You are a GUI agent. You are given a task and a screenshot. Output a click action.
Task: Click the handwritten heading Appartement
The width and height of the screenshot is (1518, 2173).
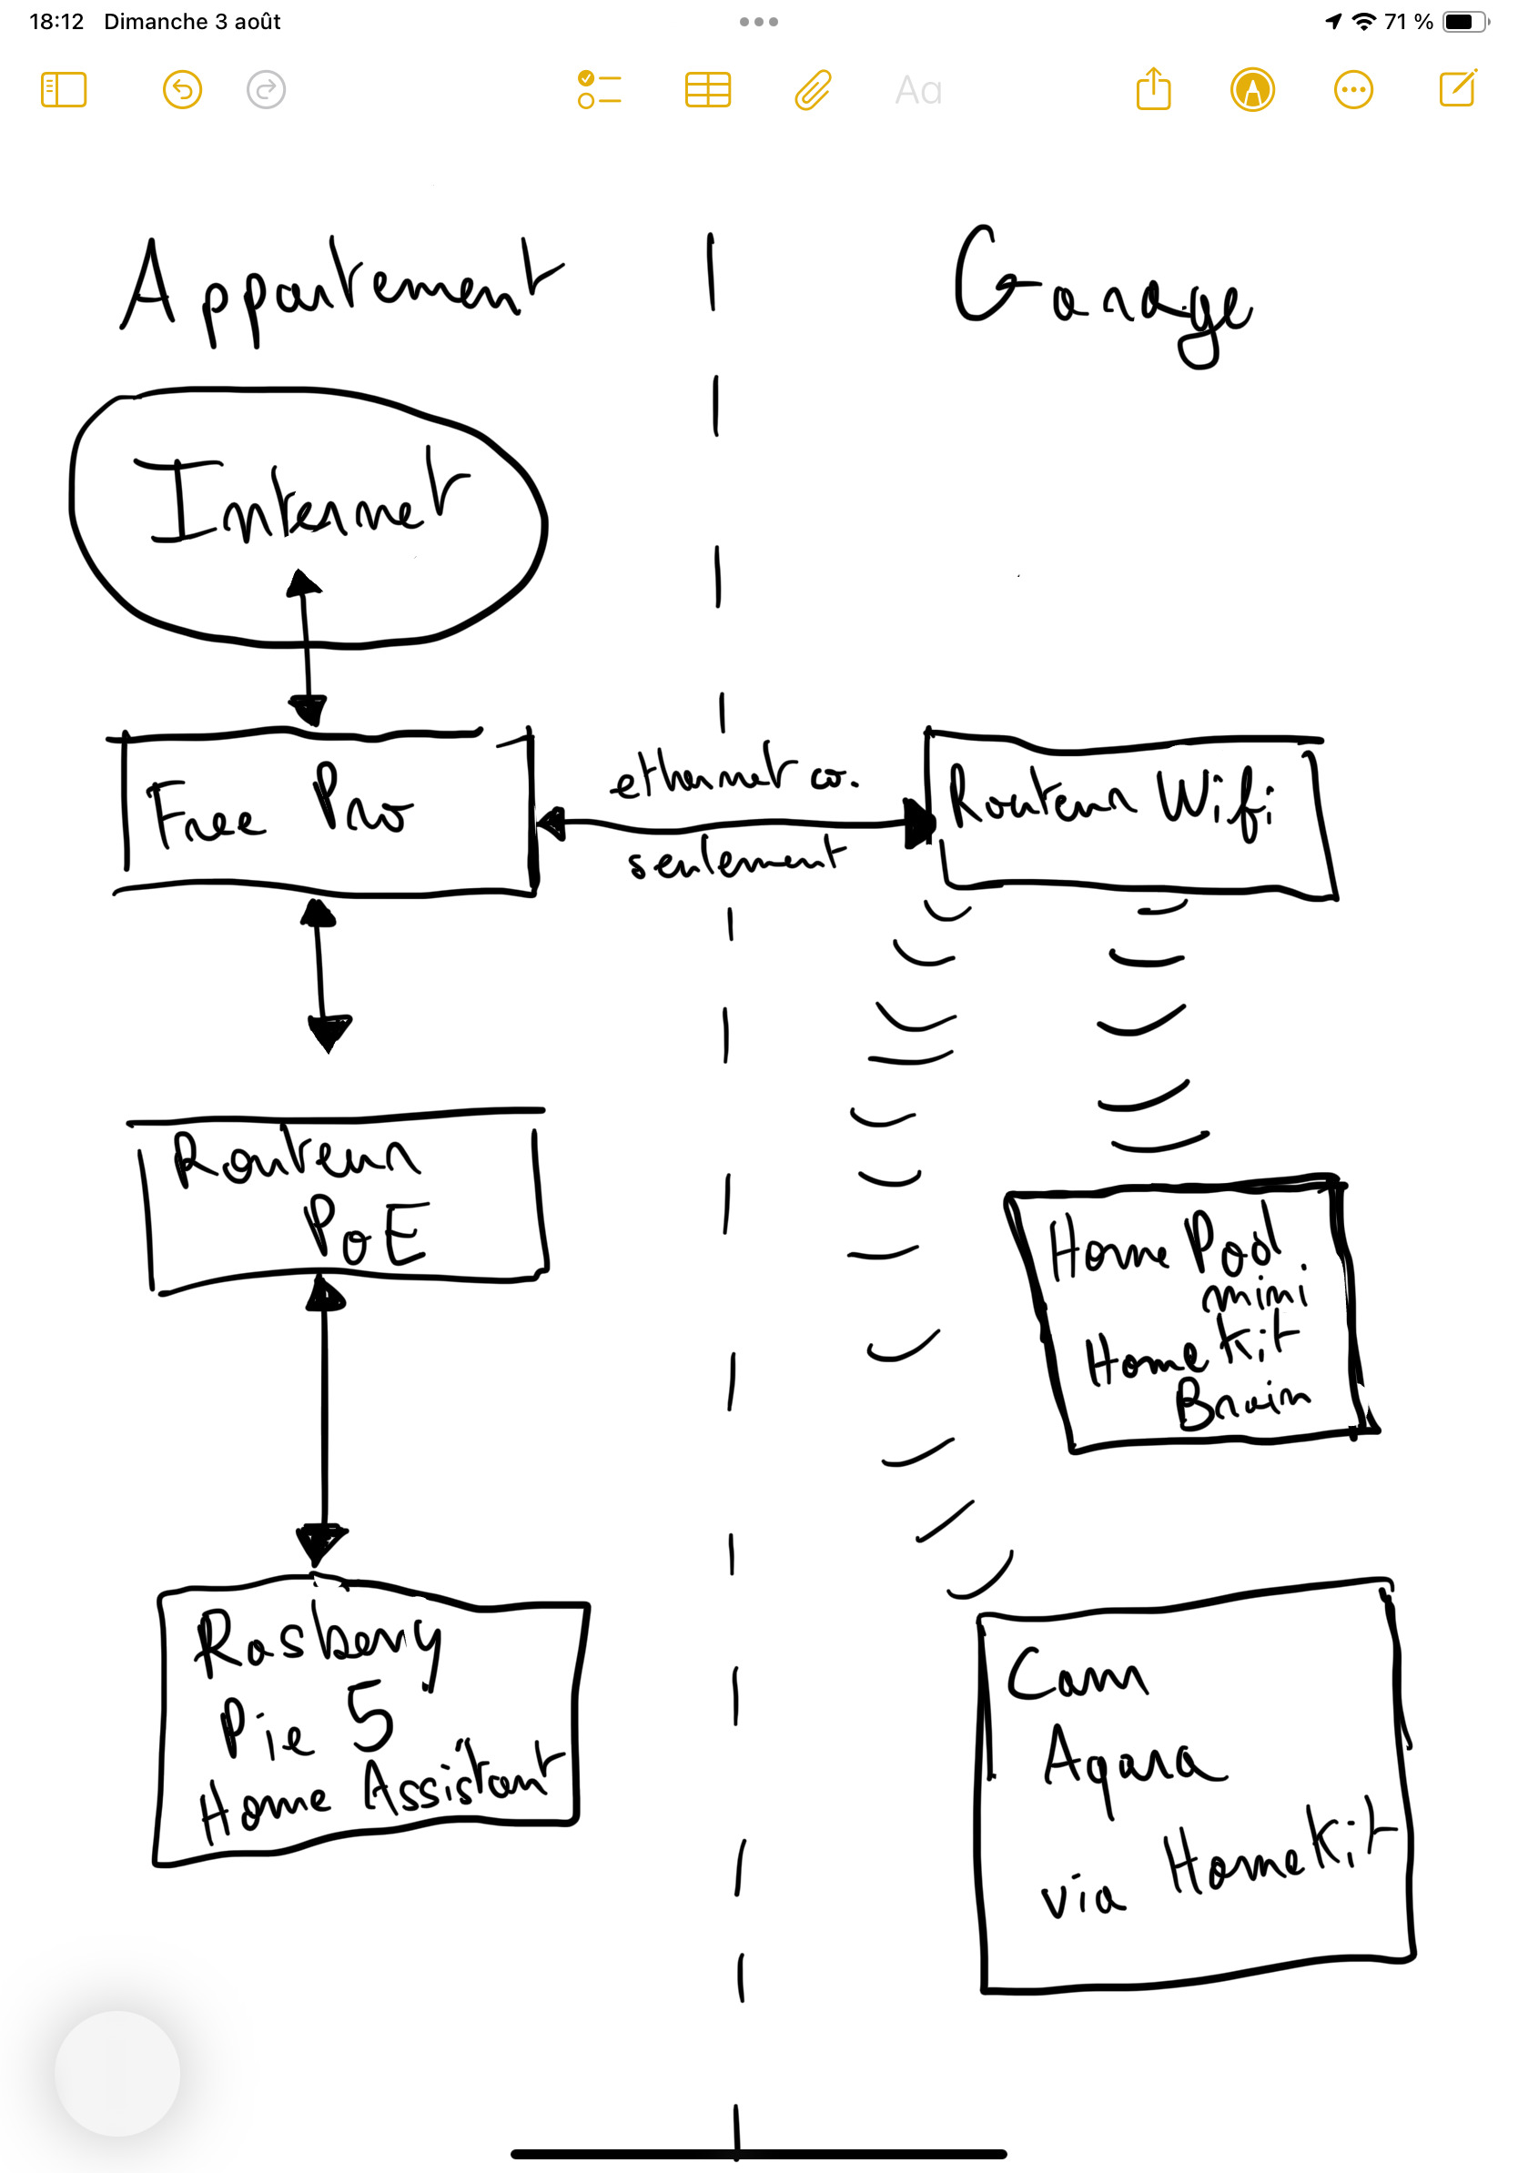pos(340,288)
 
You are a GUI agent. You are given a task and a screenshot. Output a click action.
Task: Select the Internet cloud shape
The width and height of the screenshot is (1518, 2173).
pos(308,516)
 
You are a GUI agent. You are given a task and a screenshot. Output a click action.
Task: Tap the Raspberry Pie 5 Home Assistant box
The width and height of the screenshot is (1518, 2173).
pos(369,1723)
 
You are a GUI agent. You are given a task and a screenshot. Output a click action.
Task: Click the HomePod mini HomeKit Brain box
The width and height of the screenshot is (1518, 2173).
pos(1188,1316)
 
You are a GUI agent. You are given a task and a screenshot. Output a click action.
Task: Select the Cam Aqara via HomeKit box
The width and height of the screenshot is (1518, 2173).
pos(1192,1789)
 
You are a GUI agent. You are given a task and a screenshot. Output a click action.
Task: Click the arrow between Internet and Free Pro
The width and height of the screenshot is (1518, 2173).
pos(306,648)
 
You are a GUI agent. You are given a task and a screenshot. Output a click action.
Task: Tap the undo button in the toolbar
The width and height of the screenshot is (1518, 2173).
pos(183,90)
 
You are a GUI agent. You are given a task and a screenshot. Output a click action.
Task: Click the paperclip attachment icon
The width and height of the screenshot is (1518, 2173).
pos(813,90)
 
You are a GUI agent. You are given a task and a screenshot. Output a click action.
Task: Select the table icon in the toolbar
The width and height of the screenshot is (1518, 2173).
pos(707,90)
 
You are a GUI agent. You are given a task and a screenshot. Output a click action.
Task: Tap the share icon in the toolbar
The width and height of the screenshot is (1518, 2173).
pos(1153,90)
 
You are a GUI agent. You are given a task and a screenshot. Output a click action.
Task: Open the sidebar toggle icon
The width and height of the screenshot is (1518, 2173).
pos(64,90)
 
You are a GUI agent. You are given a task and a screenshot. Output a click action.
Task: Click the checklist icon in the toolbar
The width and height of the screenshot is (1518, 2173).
pos(599,90)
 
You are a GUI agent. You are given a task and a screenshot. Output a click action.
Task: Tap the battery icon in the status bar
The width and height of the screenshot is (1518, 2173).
pos(1464,21)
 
